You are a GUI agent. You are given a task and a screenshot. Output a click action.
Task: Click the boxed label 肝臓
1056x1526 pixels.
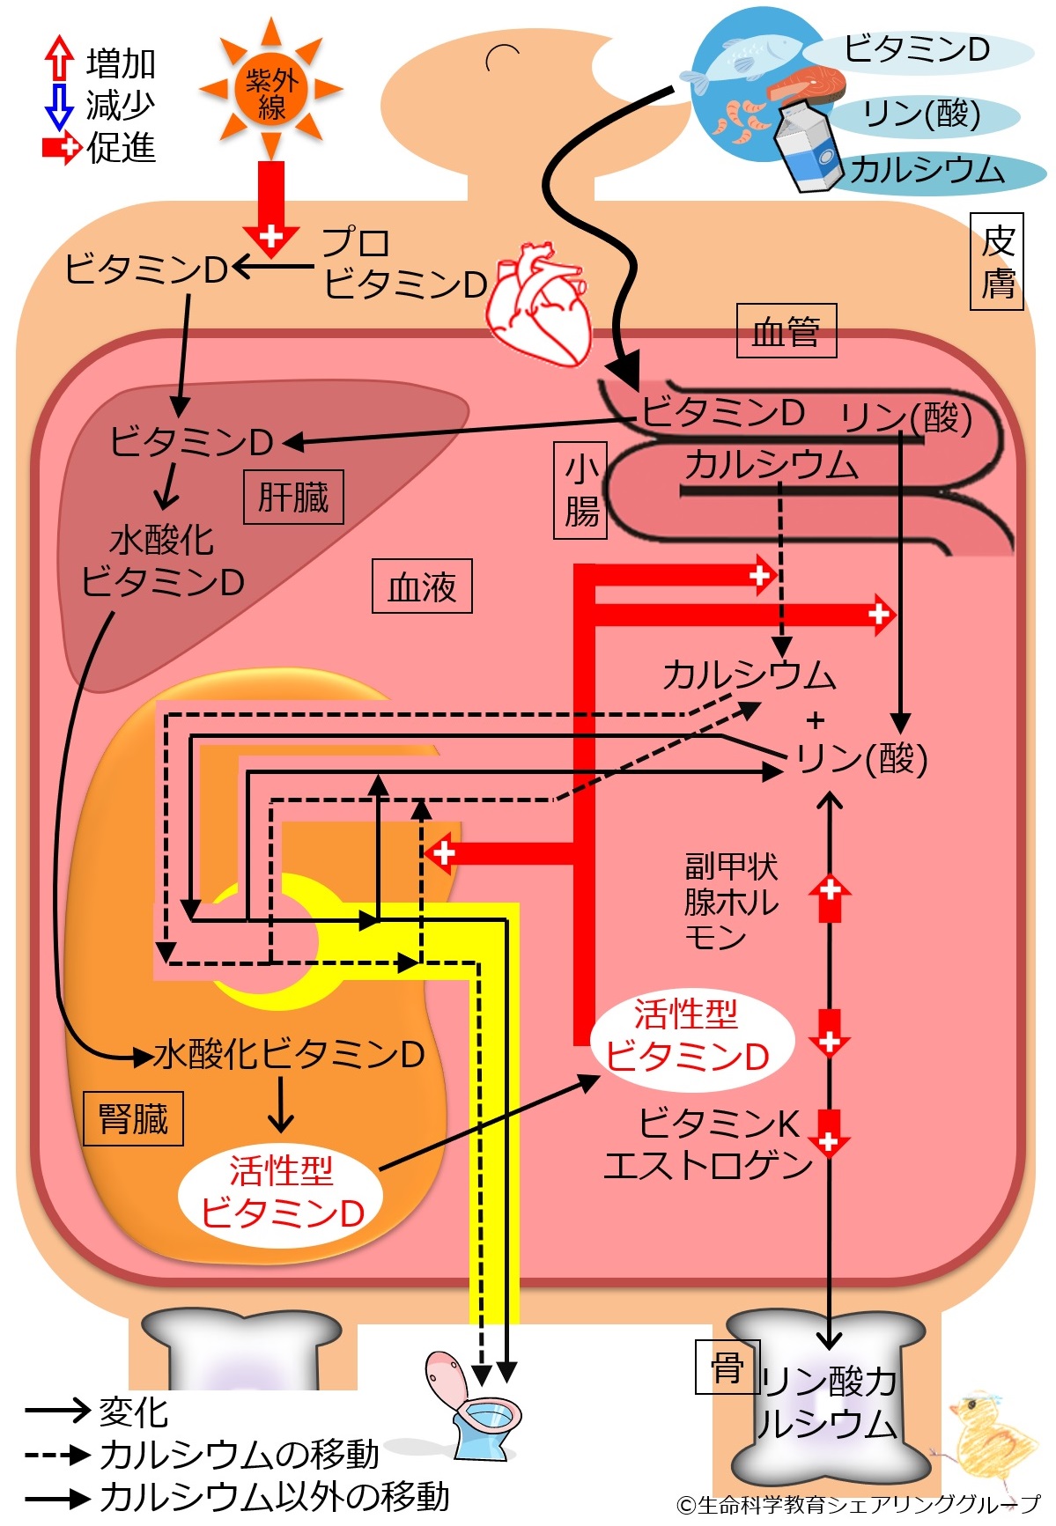(293, 498)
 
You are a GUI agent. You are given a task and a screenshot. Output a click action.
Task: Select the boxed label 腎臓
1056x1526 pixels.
(133, 1119)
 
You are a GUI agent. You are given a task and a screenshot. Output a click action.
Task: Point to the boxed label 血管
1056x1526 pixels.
(786, 332)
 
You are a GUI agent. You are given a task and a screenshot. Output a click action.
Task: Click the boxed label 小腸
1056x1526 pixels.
(581, 490)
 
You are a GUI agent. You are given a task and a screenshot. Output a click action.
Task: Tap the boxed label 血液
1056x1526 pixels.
(422, 586)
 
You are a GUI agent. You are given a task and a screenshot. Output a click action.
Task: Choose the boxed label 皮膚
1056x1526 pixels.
(997, 262)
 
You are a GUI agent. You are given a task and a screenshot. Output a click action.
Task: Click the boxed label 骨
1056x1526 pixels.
(727, 1367)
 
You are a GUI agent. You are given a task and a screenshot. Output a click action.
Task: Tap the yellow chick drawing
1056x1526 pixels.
(990, 1435)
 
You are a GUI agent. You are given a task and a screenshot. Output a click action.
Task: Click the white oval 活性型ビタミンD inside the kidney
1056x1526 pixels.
(282, 1192)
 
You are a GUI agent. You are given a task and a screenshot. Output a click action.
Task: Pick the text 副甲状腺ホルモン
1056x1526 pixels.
(731, 900)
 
